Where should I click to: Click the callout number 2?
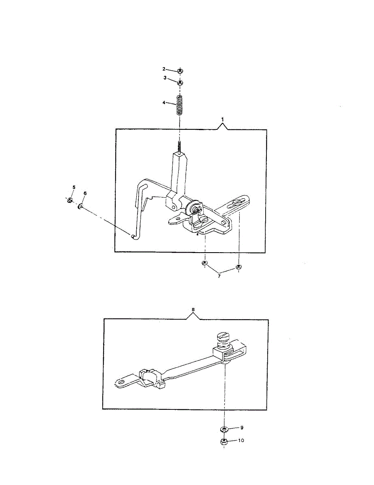[164, 69]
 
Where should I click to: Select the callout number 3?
[165, 78]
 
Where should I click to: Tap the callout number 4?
[164, 103]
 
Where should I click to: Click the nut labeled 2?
[180, 71]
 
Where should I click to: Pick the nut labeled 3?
[180, 82]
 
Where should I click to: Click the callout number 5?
[74, 187]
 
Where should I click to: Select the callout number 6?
[85, 194]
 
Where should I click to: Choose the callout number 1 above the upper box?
[222, 119]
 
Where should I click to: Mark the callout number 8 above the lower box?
[193, 309]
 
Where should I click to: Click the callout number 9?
[242, 427]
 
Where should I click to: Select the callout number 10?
[242, 441]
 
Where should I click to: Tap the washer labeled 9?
[223, 428]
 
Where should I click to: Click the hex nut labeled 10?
[223, 442]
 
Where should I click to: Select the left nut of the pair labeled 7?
[204, 264]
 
